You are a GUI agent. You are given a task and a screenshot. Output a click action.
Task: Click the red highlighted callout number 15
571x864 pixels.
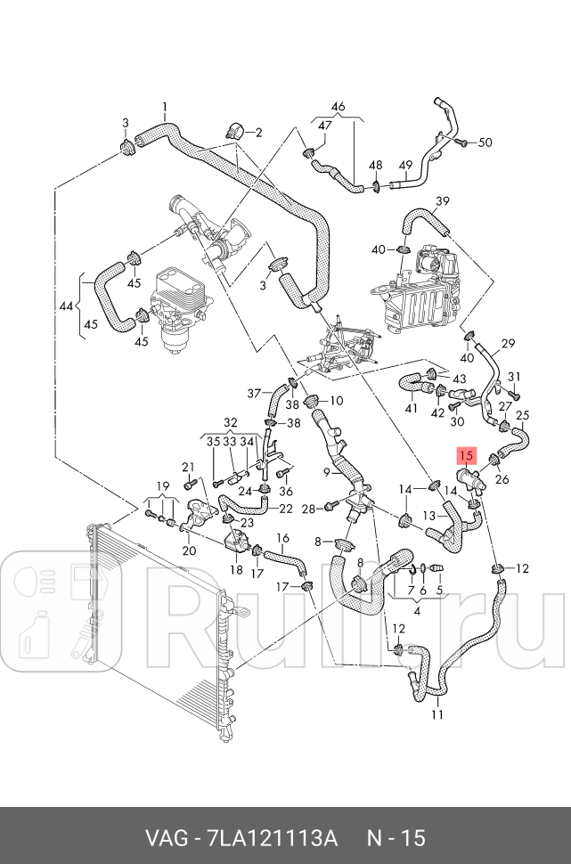click(466, 455)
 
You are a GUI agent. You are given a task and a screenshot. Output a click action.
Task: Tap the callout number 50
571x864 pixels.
click(485, 143)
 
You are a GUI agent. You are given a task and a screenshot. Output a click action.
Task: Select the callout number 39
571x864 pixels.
click(443, 200)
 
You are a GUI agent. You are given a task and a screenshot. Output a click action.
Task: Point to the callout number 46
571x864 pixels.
click(338, 108)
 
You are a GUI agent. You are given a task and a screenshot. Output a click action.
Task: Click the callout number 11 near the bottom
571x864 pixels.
click(436, 714)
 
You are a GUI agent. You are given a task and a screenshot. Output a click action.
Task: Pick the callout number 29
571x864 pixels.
click(509, 344)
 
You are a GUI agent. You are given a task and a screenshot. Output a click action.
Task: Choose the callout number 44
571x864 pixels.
click(66, 306)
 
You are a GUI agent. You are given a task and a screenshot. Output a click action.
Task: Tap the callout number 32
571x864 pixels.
click(231, 422)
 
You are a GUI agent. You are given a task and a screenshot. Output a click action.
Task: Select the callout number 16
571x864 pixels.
click(282, 538)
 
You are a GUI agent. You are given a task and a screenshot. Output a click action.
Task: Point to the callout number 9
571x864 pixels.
click(327, 472)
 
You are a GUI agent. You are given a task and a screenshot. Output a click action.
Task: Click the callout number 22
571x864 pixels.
click(286, 509)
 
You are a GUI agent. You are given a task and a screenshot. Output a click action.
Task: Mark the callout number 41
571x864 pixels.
click(411, 409)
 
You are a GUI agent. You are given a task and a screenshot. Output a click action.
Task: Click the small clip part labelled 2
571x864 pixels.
click(235, 130)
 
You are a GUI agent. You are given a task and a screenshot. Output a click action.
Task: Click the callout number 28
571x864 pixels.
click(308, 509)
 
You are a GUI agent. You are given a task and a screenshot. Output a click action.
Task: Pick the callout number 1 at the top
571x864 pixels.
click(165, 108)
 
